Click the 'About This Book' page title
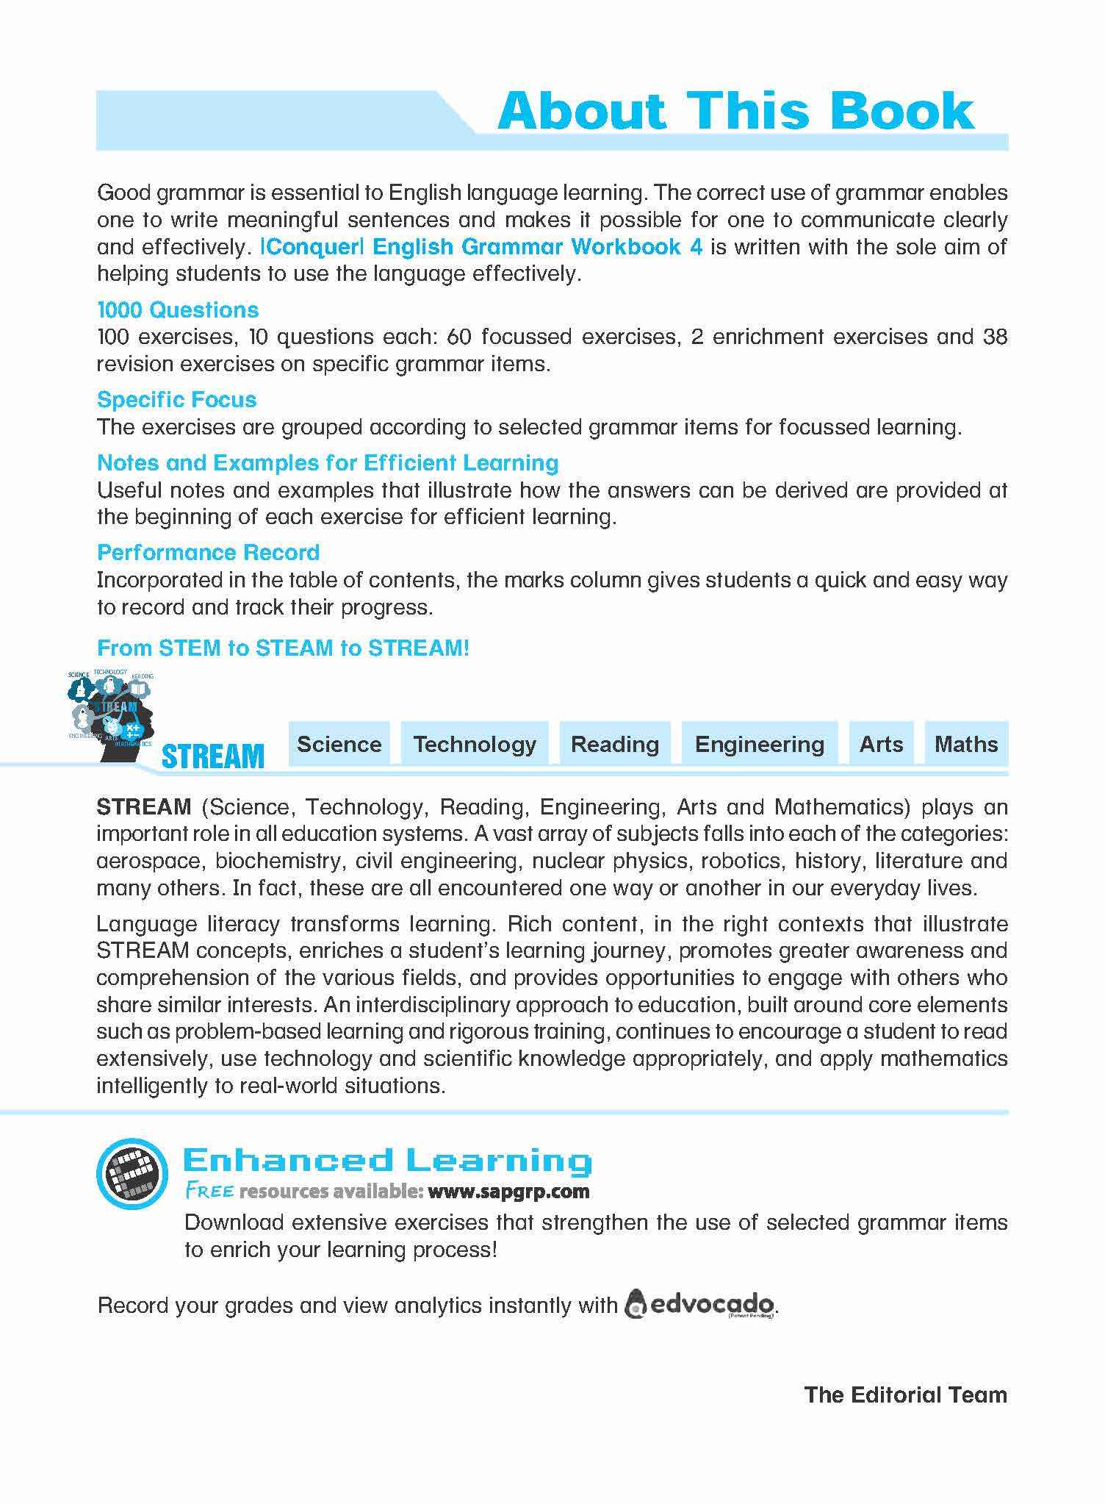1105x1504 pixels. pyautogui.click(x=735, y=112)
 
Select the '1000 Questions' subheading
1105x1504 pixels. pyautogui.click(x=178, y=309)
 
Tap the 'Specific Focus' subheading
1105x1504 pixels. pyautogui.click(x=177, y=399)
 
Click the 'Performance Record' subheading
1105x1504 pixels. pyautogui.click(x=209, y=552)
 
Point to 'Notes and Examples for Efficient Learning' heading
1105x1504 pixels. pyautogui.click(x=328, y=462)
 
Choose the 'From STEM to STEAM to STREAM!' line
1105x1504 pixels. pyautogui.click(x=283, y=648)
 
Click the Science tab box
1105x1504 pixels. pyautogui.click(x=339, y=744)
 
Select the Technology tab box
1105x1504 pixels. pyautogui.click(x=475, y=744)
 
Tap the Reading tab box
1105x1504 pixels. pyautogui.click(x=615, y=744)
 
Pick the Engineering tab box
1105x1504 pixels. pyautogui.click(x=760, y=744)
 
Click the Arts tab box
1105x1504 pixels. pyautogui.click(x=881, y=744)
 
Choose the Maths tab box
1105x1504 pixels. pyautogui.click(x=966, y=744)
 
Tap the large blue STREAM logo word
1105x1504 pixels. pyautogui.click(x=212, y=756)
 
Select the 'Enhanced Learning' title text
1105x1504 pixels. pyautogui.click(x=387, y=1161)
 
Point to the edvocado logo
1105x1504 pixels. pyautogui.click(x=700, y=1305)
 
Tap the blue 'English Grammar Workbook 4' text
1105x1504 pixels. pyautogui.click(x=538, y=246)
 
